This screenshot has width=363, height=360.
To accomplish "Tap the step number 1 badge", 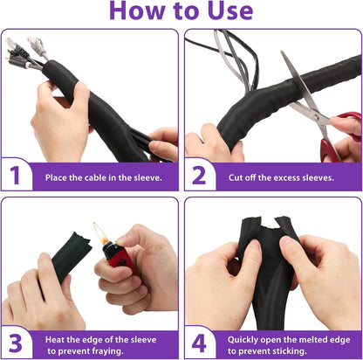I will pyautogui.click(x=15, y=176).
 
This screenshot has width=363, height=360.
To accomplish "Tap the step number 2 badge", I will pyautogui.click(x=199, y=176).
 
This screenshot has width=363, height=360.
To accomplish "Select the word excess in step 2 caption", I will pyautogui.click(x=284, y=177).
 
